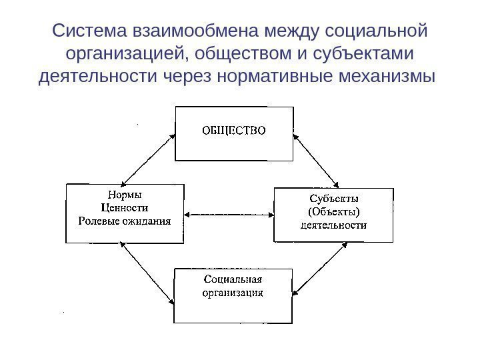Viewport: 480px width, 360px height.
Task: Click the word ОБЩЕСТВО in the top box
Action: click(233, 130)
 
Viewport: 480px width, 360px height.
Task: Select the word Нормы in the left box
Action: click(125, 196)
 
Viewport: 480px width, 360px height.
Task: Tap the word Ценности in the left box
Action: click(125, 208)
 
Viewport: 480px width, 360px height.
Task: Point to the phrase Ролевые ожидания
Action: click(125, 221)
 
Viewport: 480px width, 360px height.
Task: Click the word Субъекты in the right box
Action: click(333, 199)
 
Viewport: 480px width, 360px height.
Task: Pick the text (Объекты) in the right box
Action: click(333, 212)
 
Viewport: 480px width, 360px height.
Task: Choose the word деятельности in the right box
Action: click(333, 225)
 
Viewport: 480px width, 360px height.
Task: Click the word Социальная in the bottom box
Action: click(233, 279)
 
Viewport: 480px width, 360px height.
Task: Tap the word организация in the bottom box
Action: click(233, 292)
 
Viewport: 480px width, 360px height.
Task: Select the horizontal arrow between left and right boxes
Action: click(229, 215)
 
